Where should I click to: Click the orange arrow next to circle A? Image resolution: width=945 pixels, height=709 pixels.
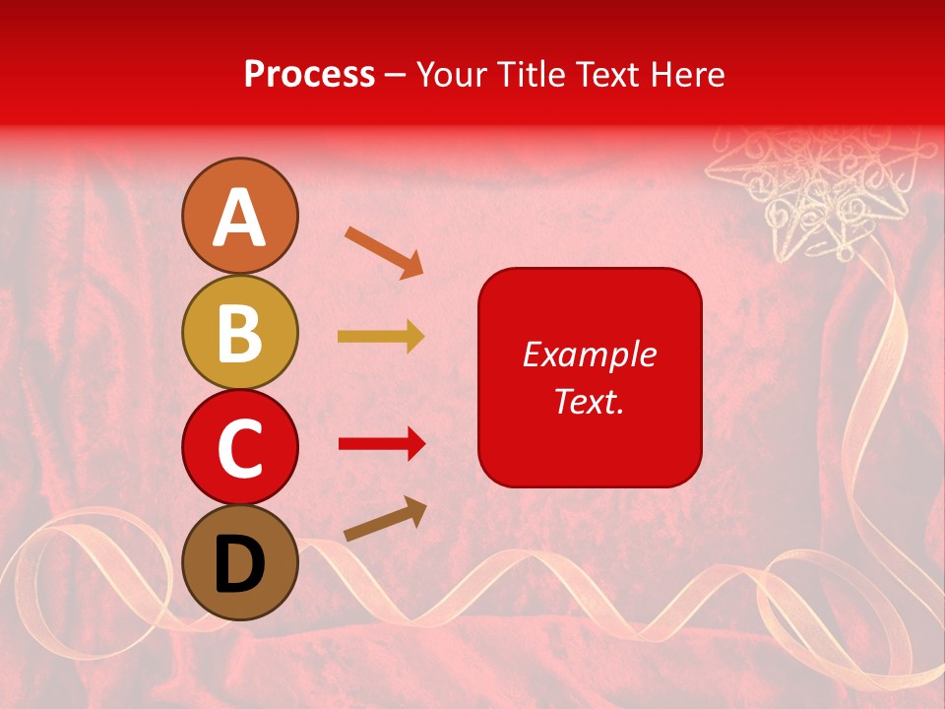[x=385, y=252]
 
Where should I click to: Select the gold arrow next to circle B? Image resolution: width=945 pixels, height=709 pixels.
[x=381, y=337]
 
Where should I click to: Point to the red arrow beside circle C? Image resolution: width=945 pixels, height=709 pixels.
[x=382, y=444]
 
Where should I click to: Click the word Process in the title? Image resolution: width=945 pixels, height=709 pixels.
[x=309, y=74]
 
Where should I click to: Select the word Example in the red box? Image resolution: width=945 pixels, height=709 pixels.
[x=590, y=354]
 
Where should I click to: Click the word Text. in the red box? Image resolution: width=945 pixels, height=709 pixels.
[x=590, y=401]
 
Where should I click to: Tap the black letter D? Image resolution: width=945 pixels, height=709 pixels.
[x=240, y=563]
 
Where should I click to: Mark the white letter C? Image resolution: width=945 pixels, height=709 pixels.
[x=240, y=448]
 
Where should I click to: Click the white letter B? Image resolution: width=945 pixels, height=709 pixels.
[x=240, y=333]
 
